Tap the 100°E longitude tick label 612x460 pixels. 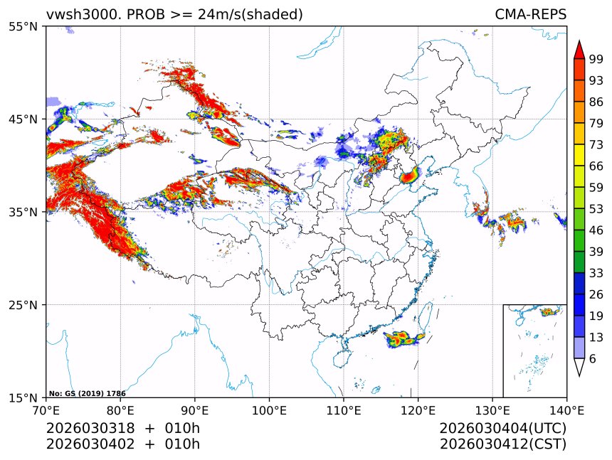[x=269, y=410]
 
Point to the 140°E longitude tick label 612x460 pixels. [x=566, y=410]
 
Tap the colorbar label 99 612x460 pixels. [x=596, y=60]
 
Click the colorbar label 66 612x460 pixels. [x=596, y=166]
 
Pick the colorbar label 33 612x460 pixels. [x=596, y=273]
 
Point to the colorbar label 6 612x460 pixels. [x=593, y=359]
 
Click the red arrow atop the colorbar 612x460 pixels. [x=579, y=50]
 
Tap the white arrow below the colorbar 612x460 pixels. [x=579, y=367]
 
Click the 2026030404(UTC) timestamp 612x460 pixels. [x=502, y=429]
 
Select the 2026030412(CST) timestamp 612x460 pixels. [x=502, y=444]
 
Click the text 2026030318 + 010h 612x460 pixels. [x=122, y=429]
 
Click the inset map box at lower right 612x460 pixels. [x=534, y=351]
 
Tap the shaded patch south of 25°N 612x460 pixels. [x=403, y=339]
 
